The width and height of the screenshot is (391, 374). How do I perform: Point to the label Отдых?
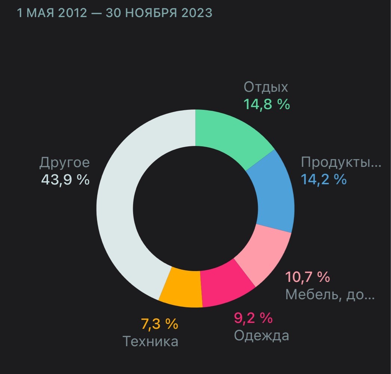coord(266,87)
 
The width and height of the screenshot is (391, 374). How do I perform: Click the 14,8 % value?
coord(267,104)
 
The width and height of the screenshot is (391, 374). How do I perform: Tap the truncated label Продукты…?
coord(341,162)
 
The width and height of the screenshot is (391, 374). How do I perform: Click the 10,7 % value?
coord(308,277)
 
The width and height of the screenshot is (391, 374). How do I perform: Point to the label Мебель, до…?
coord(330,294)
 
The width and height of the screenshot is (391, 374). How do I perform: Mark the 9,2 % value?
coord(253,318)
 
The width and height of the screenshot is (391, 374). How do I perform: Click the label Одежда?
coord(261,335)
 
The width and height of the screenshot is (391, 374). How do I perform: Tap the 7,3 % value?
coord(160,324)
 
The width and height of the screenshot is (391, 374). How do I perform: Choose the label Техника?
coord(150,341)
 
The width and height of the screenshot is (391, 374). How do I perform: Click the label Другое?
coord(64,163)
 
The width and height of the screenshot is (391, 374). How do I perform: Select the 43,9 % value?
coord(65,180)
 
